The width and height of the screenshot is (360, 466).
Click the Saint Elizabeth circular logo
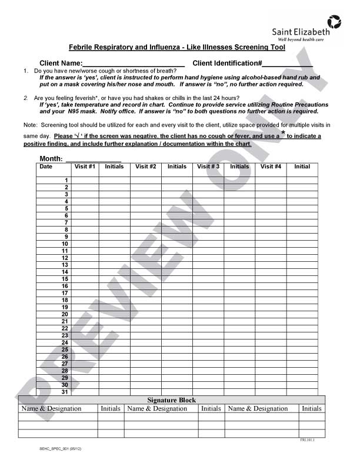click(334, 22)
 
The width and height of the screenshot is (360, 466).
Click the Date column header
click(46, 167)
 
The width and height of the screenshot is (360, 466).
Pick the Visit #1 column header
click(84, 167)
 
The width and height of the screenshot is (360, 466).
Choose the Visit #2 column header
click(146, 167)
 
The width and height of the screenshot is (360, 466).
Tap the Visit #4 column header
click(271, 167)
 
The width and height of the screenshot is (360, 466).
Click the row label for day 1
click(66, 180)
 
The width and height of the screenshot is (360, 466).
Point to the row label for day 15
click(65, 279)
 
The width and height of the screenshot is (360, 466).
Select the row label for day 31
click(65, 392)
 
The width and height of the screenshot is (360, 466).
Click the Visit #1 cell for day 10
click(84, 244)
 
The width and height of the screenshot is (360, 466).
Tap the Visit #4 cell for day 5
click(271, 208)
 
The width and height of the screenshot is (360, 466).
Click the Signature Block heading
click(171, 400)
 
